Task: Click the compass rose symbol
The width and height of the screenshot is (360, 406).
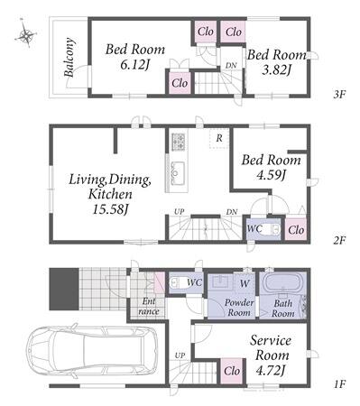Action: pos(25,35)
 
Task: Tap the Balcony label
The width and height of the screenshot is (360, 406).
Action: pos(69,57)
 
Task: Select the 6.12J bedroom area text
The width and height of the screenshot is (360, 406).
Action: pos(134,65)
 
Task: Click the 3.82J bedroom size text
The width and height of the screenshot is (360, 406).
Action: pos(277,71)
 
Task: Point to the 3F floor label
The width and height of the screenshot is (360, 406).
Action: pos(339,95)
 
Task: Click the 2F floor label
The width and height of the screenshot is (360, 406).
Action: pos(339,240)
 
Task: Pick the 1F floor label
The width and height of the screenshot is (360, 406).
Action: pos(339,384)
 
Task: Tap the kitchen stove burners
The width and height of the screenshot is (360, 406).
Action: pos(179,142)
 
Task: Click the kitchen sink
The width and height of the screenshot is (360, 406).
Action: pos(178,172)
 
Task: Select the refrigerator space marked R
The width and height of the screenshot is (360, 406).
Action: pos(219,139)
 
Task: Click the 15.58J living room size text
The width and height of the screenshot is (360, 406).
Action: pos(110,210)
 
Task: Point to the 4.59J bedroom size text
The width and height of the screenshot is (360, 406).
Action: pos(271,176)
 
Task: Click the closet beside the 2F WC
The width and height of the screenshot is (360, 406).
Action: pos(296,230)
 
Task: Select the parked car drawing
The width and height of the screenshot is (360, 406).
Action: pos(92,351)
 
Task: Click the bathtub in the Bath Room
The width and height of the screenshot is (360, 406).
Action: pos(282,282)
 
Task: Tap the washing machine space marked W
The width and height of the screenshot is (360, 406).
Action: pos(245,283)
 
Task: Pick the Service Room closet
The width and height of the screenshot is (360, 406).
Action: pos(232,372)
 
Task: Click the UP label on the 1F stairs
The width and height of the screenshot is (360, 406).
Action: pos(180,355)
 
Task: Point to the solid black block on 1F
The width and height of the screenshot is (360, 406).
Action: pos(64,289)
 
